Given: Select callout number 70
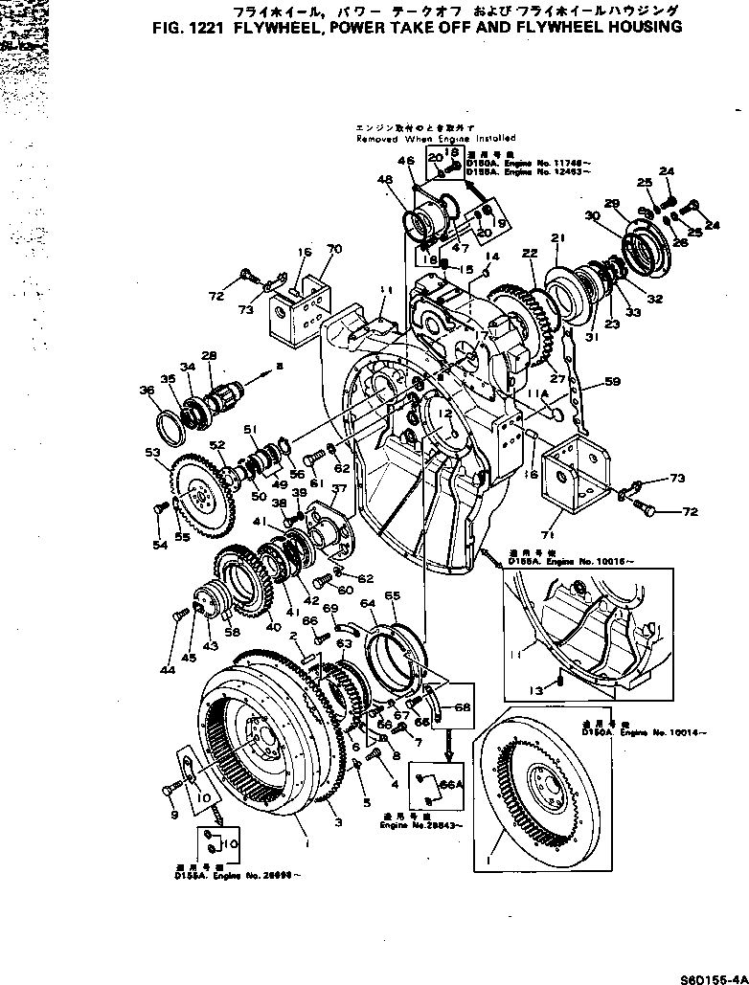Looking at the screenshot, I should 333,250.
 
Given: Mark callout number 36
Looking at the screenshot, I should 147,391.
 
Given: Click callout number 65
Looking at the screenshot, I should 392,595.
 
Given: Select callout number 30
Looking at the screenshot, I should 593,217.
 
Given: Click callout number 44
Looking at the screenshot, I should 168,671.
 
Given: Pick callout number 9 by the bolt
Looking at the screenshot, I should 173,815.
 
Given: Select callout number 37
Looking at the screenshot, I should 337,489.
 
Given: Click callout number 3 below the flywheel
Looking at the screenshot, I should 335,821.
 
